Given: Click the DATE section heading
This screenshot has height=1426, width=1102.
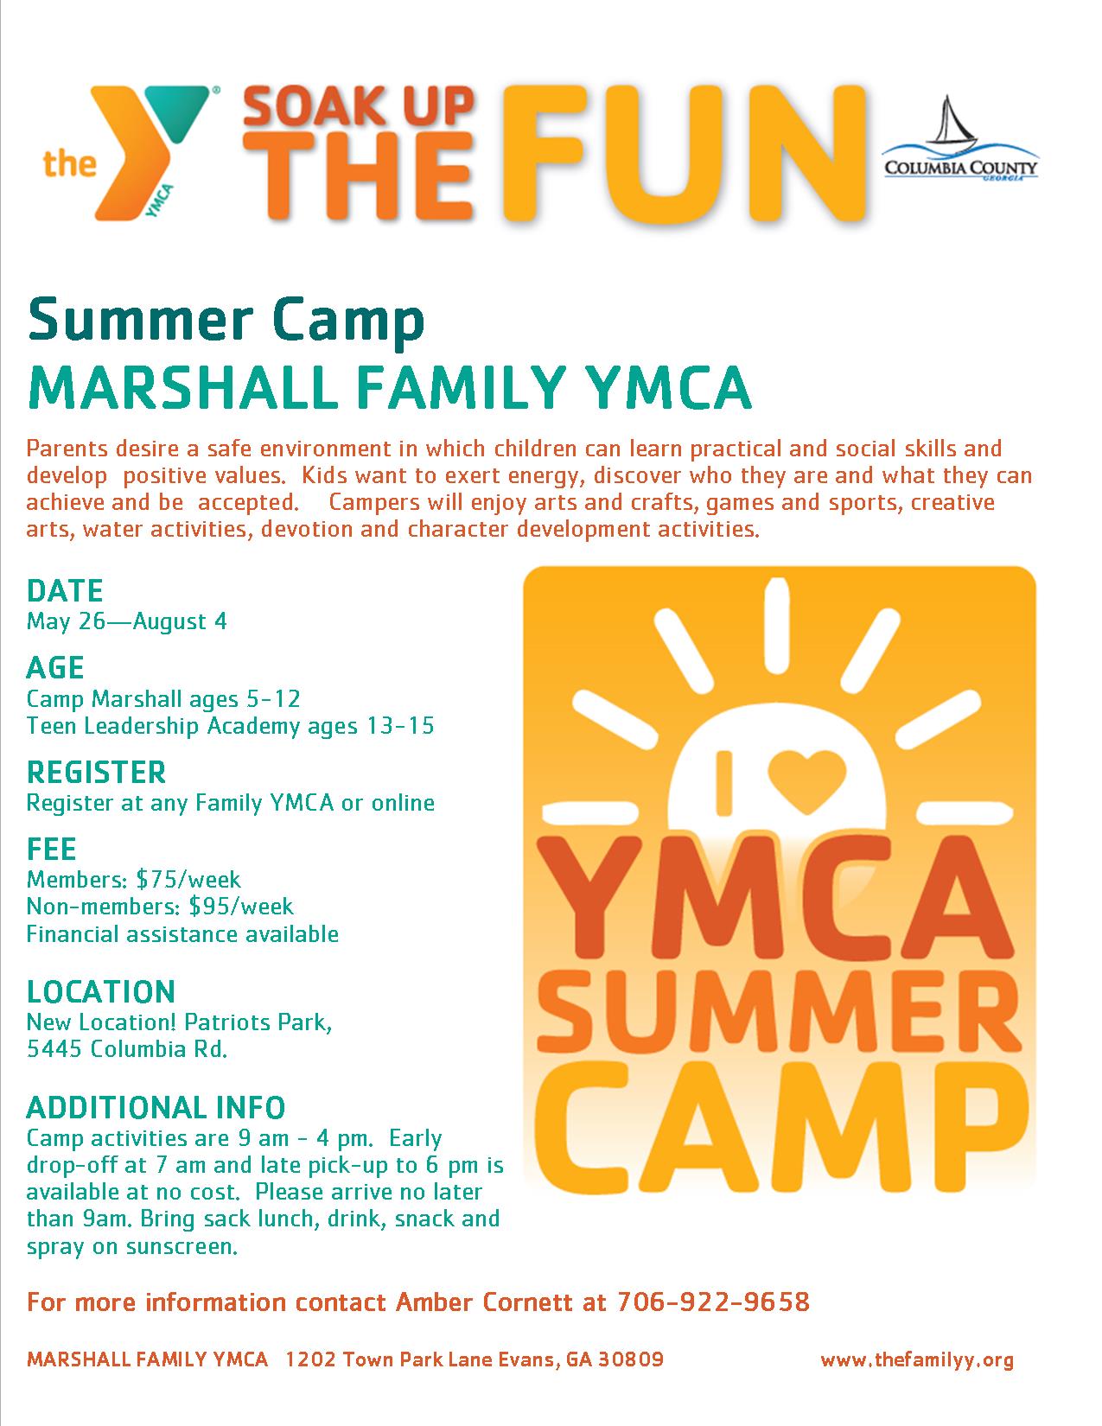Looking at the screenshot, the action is pos(65,591).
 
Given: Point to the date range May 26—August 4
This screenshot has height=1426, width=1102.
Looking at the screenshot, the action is pos(127,621).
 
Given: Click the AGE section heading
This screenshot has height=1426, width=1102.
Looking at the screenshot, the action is pos(55,668).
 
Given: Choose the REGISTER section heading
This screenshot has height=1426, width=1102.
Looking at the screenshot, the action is pos(96,773).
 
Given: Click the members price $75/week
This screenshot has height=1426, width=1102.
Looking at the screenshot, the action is pos(188,879).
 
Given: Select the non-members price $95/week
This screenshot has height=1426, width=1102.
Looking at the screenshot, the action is pos(241,907).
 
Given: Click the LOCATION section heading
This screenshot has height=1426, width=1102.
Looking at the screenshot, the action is pos(100,991).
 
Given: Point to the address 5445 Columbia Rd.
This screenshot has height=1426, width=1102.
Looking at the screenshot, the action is pos(127,1048).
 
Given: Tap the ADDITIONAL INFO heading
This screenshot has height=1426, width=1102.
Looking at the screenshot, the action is pos(156,1108).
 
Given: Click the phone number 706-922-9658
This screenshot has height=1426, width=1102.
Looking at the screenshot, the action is pos(713,1302).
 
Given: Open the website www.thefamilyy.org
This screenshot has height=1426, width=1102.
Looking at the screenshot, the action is pos(917,1359).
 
